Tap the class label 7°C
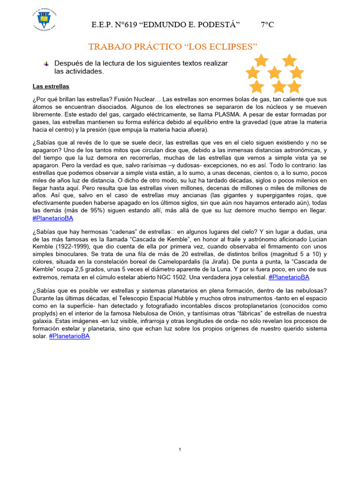coord(267,25)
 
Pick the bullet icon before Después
coord(45,63)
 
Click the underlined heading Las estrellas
coord(51,86)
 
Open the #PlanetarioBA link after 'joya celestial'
coord(289,277)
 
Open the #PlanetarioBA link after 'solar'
coord(69,336)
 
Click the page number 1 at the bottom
coord(180,450)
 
